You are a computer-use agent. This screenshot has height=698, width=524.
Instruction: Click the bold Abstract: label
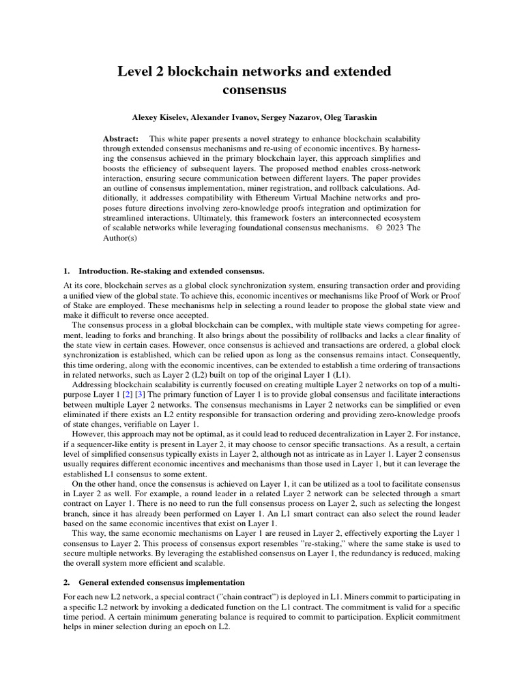click(x=121, y=137)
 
